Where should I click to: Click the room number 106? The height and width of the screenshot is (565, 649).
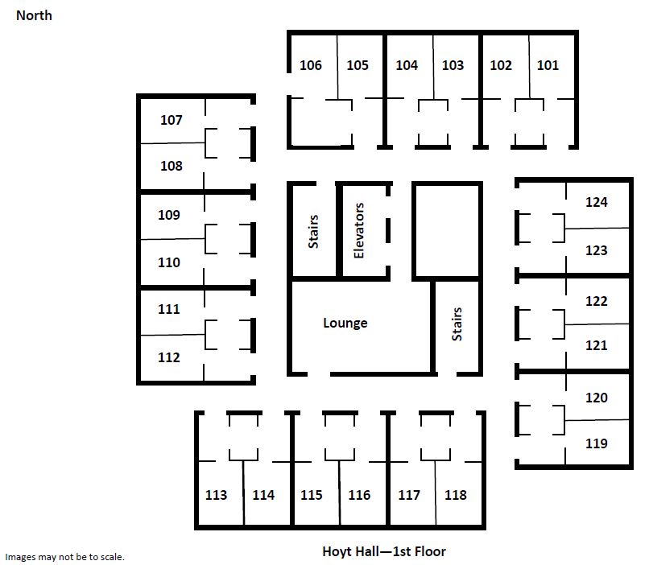pyautogui.click(x=311, y=65)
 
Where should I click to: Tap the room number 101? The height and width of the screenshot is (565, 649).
pyautogui.click(x=548, y=65)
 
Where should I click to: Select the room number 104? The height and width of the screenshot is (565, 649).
pyautogui.click(x=407, y=65)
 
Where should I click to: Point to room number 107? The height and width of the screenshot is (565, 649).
pyautogui.click(x=171, y=120)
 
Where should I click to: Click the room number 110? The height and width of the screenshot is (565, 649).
pyautogui.click(x=169, y=262)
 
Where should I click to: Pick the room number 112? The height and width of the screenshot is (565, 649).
pyautogui.click(x=169, y=357)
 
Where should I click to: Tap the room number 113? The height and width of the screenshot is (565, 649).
pyautogui.click(x=216, y=495)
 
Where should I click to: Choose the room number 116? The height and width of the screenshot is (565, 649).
pyautogui.click(x=359, y=495)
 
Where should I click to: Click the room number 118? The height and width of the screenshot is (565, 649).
pyautogui.click(x=455, y=495)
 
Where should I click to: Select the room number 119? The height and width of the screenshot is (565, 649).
pyautogui.click(x=597, y=443)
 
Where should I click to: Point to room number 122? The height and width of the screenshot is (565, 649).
pyautogui.click(x=597, y=301)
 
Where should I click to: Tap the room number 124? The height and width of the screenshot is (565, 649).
pyautogui.click(x=597, y=202)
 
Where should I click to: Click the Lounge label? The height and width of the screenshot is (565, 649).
pyautogui.click(x=345, y=323)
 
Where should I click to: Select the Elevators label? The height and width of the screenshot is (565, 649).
pyautogui.click(x=359, y=231)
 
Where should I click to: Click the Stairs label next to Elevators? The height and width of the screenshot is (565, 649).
pyautogui.click(x=313, y=232)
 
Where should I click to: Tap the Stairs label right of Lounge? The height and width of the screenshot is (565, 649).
pyautogui.click(x=457, y=324)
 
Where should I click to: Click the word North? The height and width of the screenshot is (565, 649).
pyautogui.click(x=34, y=16)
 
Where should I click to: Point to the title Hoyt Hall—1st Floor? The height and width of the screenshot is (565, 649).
pyautogui.click(x=384, y=551)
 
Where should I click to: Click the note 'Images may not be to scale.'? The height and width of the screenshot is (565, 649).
pyautogui.click(x=64, y=557)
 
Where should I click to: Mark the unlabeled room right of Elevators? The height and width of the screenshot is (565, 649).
pyautogui.click(x=448, y=231)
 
